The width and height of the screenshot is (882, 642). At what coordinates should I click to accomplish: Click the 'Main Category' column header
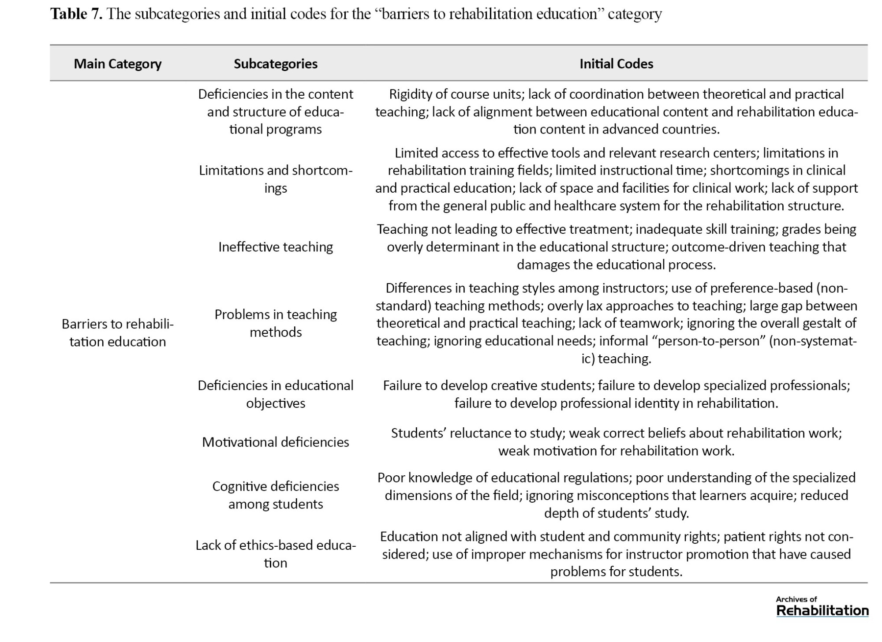click(x=117, y=64)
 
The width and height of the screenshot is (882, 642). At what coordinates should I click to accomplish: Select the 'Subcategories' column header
click(x=275, y=64)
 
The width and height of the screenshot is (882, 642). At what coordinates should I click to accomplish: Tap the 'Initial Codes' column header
click(x=616, y=64)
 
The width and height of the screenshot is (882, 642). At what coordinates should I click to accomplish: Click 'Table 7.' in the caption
click(x=76, y=14)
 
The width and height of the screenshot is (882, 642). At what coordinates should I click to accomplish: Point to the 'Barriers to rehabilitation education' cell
click(x=117, y=333)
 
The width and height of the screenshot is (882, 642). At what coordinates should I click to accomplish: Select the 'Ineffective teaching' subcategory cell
click(x=275, y=247)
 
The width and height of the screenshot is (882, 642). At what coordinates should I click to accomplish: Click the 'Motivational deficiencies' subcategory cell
click(x=275, y=442)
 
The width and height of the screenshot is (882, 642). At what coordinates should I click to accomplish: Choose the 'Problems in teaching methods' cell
click(x=275, y=323)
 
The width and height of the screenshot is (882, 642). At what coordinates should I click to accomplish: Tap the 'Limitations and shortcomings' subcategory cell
click(x=275, y=179)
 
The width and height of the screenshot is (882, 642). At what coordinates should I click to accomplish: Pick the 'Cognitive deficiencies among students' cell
click(x=275, y=495)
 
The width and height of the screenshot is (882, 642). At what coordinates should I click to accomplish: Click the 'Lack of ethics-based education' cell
click(x=275, y=554)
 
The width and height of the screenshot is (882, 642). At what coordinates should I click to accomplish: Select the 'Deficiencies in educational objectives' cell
click(x=275, y=394)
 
